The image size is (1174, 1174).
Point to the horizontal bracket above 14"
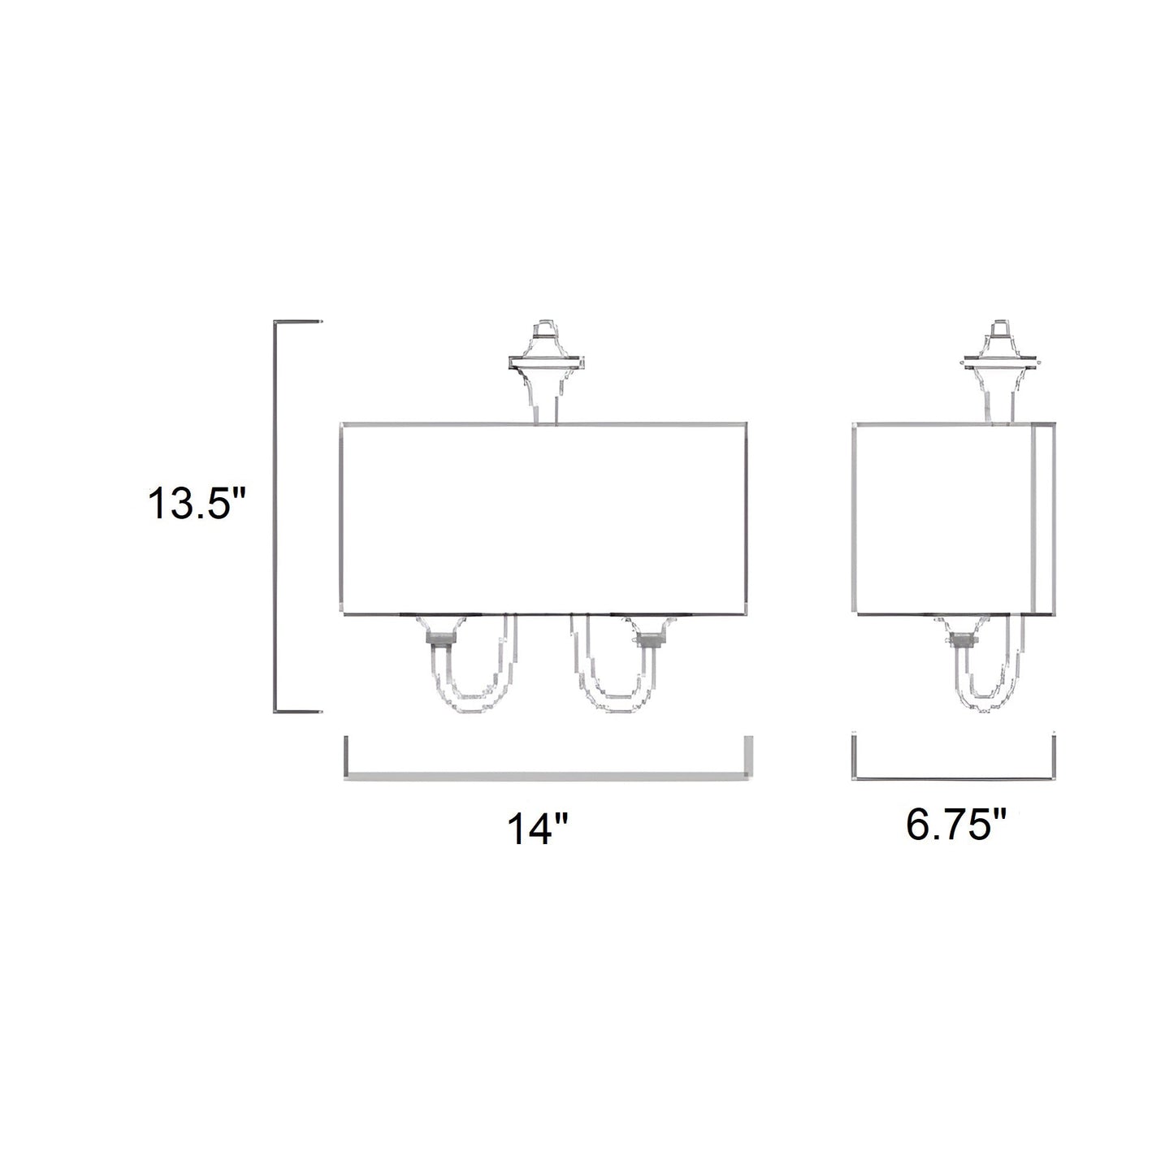coord(548,777)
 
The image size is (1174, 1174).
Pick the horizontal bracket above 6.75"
coord(954,778)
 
